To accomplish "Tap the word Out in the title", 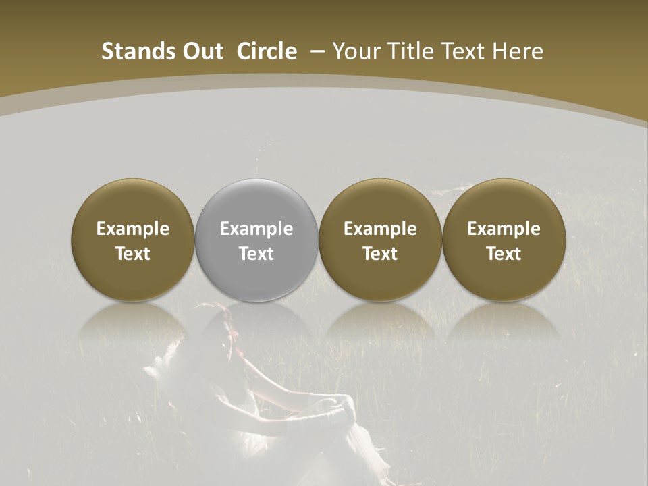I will pyautogui.click(x=200, y=51).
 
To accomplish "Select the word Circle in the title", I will pyautogui.click(x=267, y=51).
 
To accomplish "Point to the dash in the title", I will pyautogui.click(x=316, y=51).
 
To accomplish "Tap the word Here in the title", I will pyautogui.click(x=516, y=51).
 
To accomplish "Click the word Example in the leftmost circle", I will pyautogui.click(x=133, y=229).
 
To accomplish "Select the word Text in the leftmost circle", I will pyautogui.click(x=133, y=254).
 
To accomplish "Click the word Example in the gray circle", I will pyautogui.click(x=256, y=229).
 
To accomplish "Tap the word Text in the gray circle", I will pyautogui.click(x=256, y=254).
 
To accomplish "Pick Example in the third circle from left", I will pyautogui.click(x=380, y=229).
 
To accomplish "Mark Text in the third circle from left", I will pyautogui.click(x=380, y=254).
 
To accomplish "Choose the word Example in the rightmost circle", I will pyautogui.click(x=504, y=229).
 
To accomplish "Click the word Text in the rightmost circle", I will pyautogui.click(x=504, y=254).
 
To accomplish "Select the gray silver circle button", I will pyautogui.click(x=256, y=283).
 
